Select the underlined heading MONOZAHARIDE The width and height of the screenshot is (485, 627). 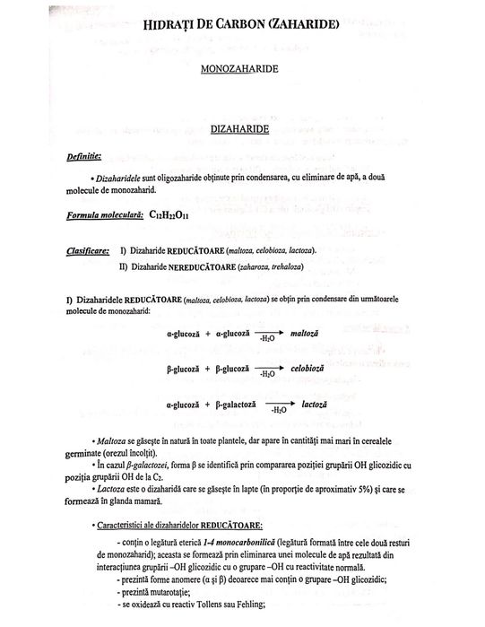[242, 68]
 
